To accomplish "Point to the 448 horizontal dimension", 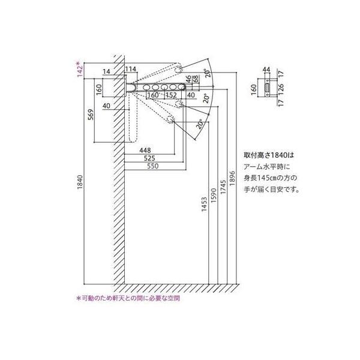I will point(145,150).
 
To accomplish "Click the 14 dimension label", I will point(106,71).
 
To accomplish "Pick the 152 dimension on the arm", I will point(170,94).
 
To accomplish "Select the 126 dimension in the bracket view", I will point(281,89).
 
